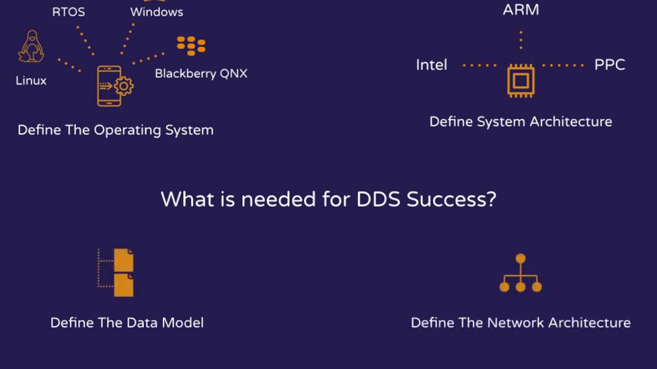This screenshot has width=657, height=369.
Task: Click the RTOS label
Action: point(68,12)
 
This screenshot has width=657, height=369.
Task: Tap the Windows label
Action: point(157,12)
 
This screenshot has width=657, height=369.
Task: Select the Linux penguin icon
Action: point(31,47)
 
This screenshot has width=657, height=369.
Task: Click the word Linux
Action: point(31,80)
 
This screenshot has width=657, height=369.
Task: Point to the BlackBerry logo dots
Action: point(191,46)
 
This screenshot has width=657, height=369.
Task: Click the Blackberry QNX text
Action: point(201,73)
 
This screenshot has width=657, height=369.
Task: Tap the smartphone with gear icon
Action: point(114,86)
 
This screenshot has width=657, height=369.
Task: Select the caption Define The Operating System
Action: point(115,130)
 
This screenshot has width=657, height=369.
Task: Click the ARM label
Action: point(521,10)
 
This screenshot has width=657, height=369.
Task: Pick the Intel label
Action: point(431,65)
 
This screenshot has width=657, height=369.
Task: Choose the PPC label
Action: point(610,65)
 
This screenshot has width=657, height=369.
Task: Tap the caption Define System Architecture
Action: point(520,121)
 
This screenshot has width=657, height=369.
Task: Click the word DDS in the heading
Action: point(378,199)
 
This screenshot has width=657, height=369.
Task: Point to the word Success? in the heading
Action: point(451,199)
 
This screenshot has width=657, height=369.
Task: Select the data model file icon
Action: point(118,273)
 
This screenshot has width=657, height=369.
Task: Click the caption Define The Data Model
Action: point(127,322)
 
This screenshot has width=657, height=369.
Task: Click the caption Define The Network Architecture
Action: point(520,322)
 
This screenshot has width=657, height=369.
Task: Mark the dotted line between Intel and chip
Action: point(479,66)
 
